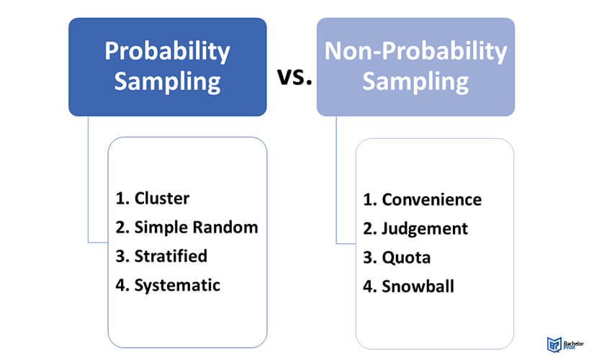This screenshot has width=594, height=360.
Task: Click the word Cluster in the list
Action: click(162, 198)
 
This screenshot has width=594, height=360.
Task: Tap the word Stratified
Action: click(171, 256)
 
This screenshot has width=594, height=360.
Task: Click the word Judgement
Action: click(425, 229)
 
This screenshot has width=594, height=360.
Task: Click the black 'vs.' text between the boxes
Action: click(294, 76)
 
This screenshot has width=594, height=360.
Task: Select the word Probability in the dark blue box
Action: click(168, 52)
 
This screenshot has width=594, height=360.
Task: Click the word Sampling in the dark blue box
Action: click(168, 81)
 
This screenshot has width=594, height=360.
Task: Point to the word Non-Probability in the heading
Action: click(415, 52)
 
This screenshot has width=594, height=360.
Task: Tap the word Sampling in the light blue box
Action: click(415, 81)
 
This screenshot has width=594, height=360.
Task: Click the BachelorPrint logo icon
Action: click(554, 344)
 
